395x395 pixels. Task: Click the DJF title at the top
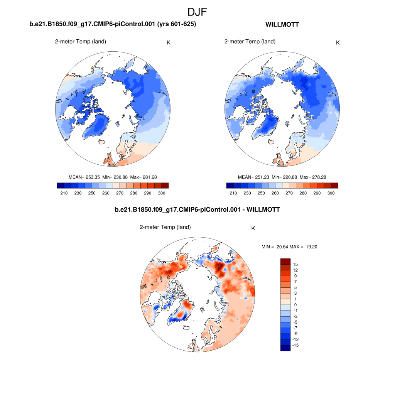coord(197,12)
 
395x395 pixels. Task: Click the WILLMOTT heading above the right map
coord(282,25)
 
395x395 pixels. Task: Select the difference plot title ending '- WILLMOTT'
coord(197,210)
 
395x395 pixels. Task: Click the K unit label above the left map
coord(169,42)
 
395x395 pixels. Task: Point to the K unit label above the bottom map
coord(253,228)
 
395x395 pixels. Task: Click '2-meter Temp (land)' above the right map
coord(250,42)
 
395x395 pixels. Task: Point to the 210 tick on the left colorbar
coord(64,193)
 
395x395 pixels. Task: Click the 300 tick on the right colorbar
coord(331,193)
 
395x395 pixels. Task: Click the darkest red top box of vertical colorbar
coord(285,261)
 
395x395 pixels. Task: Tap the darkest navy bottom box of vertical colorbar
coord(285,348)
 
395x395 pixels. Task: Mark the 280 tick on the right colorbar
coord(303,193)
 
